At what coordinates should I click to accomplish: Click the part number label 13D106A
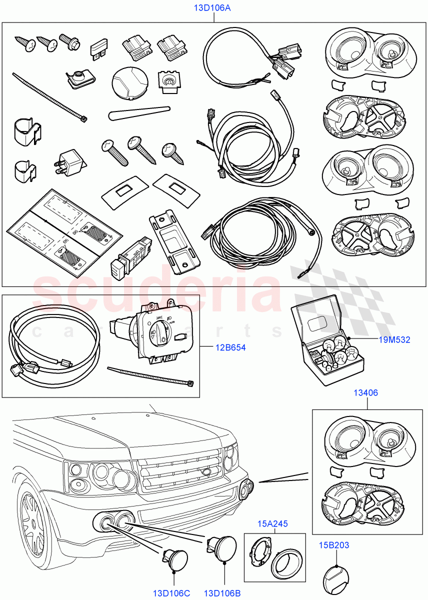213,8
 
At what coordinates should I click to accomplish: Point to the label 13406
366,393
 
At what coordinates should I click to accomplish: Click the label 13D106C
171,593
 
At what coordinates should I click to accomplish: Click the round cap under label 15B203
334,573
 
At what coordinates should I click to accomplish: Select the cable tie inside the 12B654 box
150,375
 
